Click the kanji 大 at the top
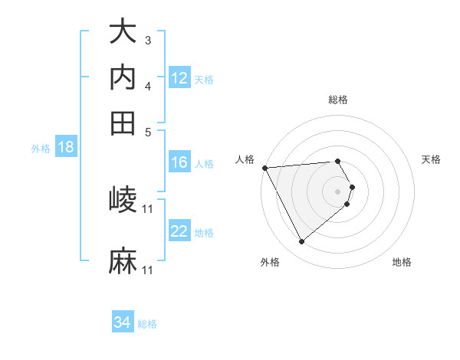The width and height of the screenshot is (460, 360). coord(123,32)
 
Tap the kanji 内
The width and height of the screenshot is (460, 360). coord(123,77)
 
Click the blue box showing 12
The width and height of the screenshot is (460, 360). coord(179,78)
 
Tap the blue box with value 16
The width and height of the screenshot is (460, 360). coord(179,162)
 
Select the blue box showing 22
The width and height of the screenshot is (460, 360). coord(179,231)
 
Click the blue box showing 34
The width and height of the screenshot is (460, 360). coord(123,322)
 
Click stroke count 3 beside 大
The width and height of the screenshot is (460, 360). coord(148,39)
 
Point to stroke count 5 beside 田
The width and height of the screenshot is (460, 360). coord(148,131)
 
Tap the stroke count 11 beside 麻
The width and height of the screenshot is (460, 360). coord(148,270)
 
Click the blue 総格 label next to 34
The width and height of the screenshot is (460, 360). coord(147,324)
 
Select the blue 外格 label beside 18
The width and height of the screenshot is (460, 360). coord(41,149)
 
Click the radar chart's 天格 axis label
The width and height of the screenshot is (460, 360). coord(431,159)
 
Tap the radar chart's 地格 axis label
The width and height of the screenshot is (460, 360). coord(402,262)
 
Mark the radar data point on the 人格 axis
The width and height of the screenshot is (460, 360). coord(264,168)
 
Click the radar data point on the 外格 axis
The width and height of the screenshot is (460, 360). coord(301,242)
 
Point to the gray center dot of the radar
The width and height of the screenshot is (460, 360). coord(338,191)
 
